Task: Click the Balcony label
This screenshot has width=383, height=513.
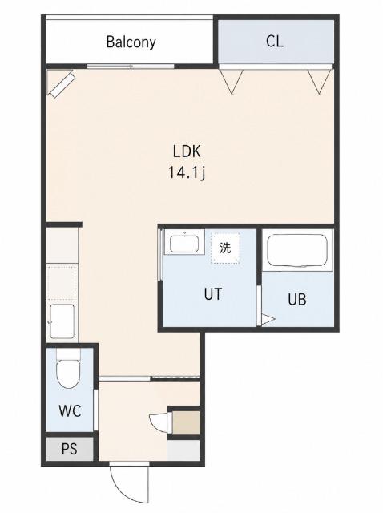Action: [x=131, y=42]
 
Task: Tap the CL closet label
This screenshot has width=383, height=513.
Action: [x=274, y=41]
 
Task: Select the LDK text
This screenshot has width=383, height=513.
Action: [x=187, y=151]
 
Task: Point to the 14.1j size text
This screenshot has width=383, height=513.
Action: [x=187, y=172]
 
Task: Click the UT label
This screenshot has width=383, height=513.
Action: [x=213, y=294]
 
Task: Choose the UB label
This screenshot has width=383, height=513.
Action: [x=297, y=299]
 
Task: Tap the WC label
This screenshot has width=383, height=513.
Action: [x=70, y=410]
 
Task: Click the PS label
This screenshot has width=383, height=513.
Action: [x=70, y=449]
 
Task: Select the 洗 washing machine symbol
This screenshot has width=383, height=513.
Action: [x=225, y=248]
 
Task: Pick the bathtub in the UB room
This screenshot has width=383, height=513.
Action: [x=297, y=250]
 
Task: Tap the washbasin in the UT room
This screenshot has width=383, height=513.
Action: [x=184, y=242]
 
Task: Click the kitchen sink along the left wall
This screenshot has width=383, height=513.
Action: [x=62, y=321]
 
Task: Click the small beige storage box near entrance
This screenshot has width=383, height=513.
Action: [x=186, y=422]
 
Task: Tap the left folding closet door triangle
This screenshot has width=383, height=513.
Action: [x=232, y=81]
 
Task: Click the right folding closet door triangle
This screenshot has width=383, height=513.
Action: [x=320, y=81]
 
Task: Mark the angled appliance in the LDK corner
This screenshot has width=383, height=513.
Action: [x=61, y=84]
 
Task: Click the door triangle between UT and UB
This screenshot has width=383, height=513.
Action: [x=268, y=320]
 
